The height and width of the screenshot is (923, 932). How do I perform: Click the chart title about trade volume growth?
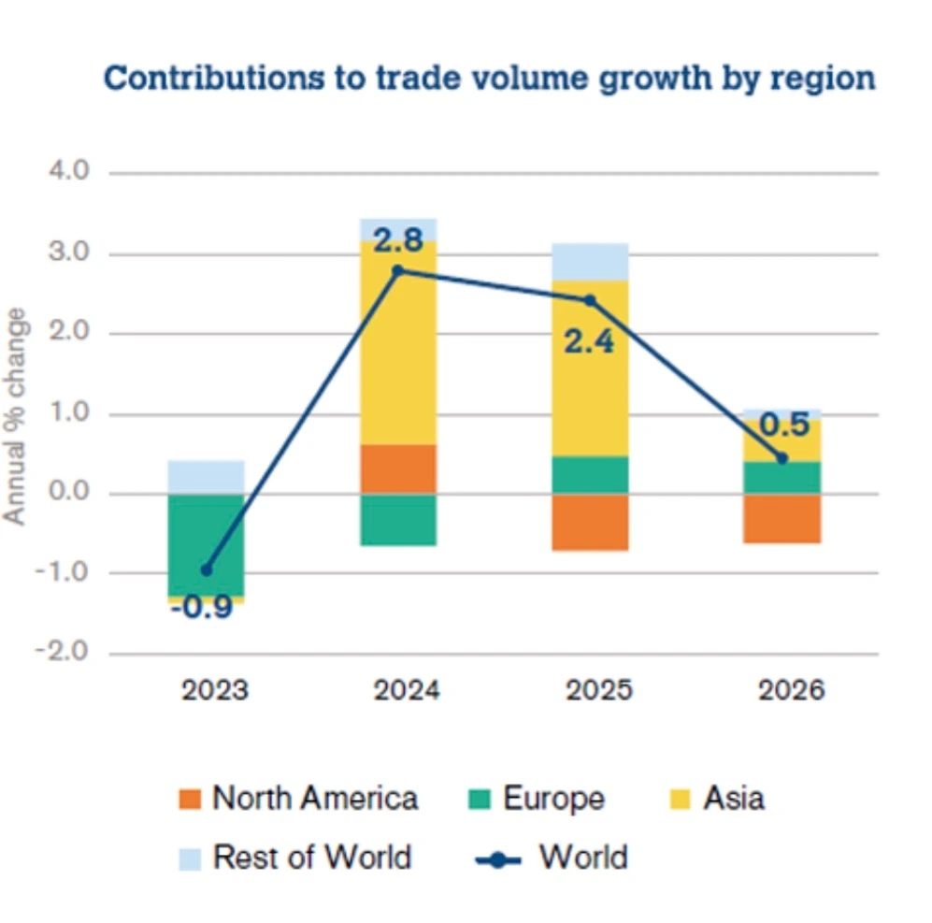coord(489,78)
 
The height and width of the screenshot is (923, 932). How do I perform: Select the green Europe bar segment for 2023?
coord(206,542)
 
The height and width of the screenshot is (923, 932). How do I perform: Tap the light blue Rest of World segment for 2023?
coord(206,476)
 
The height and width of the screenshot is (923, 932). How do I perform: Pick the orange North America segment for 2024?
coord(398,469)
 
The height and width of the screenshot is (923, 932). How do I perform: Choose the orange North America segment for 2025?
coord(590,522)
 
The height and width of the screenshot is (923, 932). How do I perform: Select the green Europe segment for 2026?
coord(782,477)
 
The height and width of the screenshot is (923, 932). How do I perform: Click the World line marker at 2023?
coord(207,570)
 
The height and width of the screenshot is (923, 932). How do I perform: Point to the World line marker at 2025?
coord(590,300)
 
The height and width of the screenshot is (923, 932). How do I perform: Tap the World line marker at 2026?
coord(782,457)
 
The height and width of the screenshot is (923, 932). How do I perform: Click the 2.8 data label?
coord(398,240)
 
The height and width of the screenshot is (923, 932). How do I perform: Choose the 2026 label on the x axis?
coord(791,692)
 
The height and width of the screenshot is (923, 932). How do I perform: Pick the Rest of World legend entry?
coord(295,858)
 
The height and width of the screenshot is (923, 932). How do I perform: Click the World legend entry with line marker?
coord(552,858)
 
